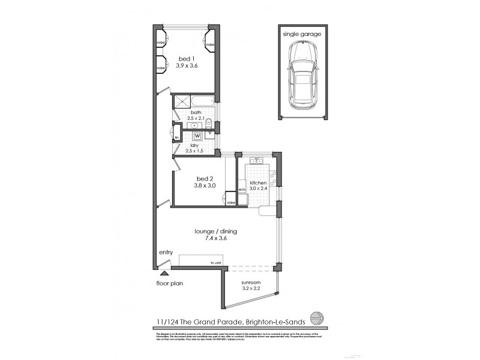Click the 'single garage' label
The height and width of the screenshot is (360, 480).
(x=302, y=34)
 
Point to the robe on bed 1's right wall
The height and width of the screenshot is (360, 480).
(x=210, y=45)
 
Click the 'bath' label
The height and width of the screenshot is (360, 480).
(x=196, y=112)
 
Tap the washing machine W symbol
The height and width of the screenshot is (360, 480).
(x=197, y=136)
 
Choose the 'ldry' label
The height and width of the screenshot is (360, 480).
(x=195, y=146)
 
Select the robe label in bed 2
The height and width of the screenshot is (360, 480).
(x=231, y=203)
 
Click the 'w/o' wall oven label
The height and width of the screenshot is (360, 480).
(x=242, y=189)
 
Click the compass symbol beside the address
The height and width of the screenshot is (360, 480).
(x=316, y=318)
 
